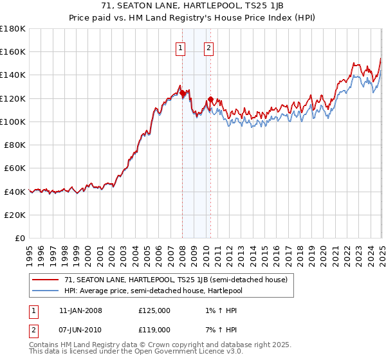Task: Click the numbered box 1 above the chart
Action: pyautogui.click(x=179, y=47)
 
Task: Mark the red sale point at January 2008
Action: pyautogui.click(x=182, y=93)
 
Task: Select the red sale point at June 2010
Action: pyautogui.click(x=210, y=100)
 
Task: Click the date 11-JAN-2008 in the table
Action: pyautogui.click(x=80, y=310)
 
